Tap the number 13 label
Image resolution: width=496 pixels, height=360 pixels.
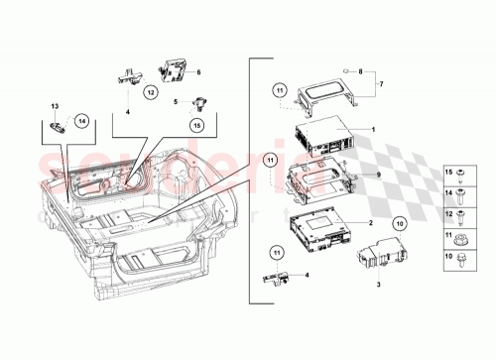[x=56, y=105]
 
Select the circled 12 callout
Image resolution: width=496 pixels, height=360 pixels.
[x=150, y=92]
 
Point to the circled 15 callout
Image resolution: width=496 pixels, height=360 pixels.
[x=197, y=125]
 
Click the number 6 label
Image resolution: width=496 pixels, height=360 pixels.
[x=197, y=72]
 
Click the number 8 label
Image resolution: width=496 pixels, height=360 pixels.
[x=360, y=71]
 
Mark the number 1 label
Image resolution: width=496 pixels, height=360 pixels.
[x=373, y=130]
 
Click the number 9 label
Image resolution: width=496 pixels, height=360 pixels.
[x=378, y=175]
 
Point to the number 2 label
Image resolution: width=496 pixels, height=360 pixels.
[x=370, y=224]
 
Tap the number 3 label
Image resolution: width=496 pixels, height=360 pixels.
[x=378, y=284]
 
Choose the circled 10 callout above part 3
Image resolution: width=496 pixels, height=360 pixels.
[x=399, y=223]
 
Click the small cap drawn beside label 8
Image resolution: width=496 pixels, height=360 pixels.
[x=344, y=70]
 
